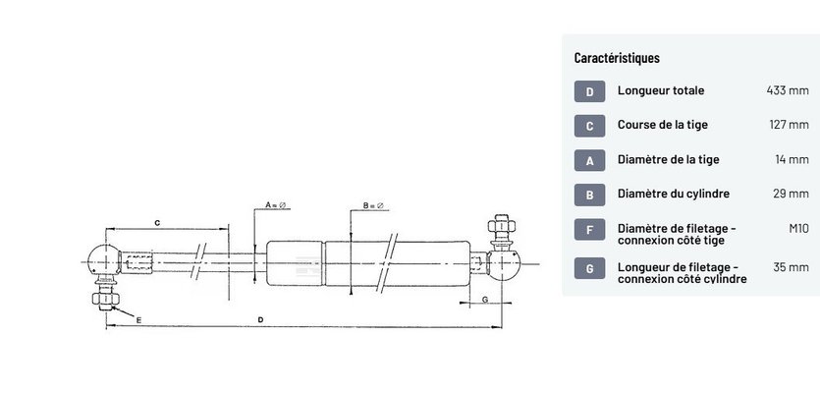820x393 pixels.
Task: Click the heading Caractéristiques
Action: point(617,58)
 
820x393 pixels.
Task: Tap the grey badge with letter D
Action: point(589,91)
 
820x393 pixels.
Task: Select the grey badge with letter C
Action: point(589,126)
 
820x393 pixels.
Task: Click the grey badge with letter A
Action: point(589,160)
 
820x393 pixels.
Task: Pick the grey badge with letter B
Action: point(589,195)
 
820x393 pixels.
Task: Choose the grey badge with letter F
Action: point(589,229)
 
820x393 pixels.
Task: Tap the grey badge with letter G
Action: point(589,268)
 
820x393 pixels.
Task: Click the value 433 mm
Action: point(788,90)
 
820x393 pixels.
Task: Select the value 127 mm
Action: point(790,125)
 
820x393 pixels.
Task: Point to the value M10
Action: point(799,228)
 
